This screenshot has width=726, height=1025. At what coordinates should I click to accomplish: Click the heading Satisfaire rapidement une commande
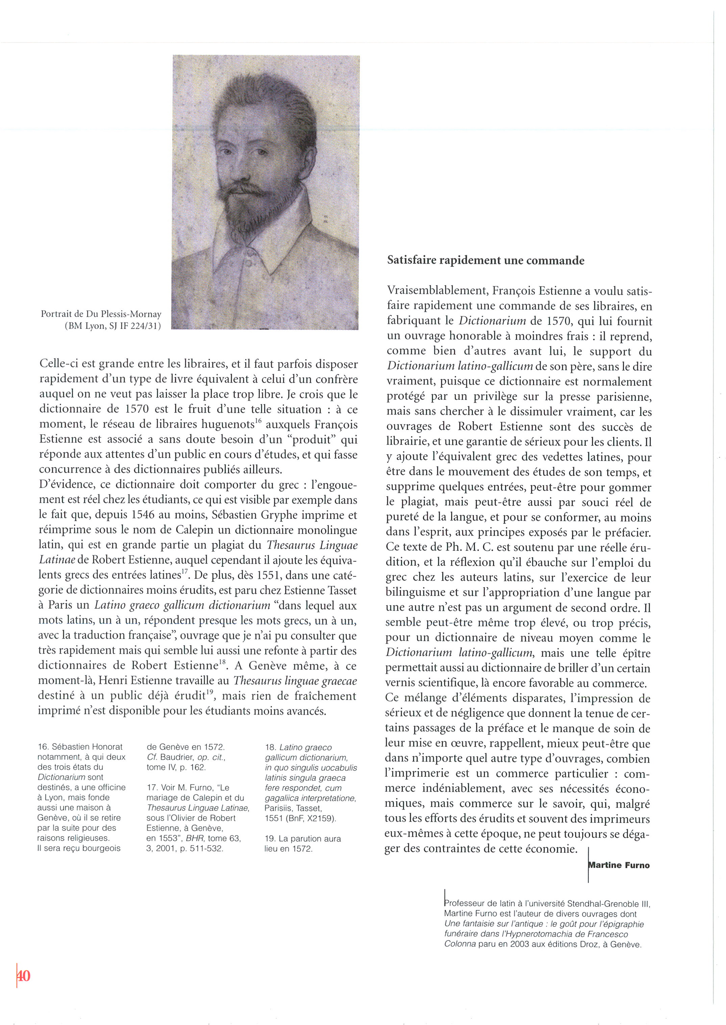click(485, 260)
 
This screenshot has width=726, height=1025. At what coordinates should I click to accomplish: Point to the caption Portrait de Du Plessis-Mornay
click(101, 314)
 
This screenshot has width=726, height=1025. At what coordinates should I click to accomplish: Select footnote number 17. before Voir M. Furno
click(152, 787)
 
